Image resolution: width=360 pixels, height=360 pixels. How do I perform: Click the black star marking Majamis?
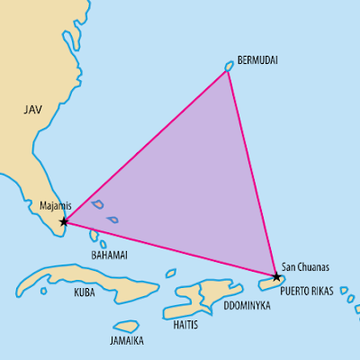click(x=63, y=220)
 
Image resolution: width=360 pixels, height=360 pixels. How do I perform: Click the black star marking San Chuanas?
click(x=276, y=276)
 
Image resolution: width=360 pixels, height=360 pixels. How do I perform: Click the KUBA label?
click(x=84, y=292)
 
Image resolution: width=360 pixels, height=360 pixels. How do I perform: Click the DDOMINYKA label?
click(x=246, y=306)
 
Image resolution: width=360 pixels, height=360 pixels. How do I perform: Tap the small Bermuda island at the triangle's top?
click(x=229, y=66)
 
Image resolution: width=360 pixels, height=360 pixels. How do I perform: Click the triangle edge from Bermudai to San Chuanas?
click(x=252, y=171)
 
